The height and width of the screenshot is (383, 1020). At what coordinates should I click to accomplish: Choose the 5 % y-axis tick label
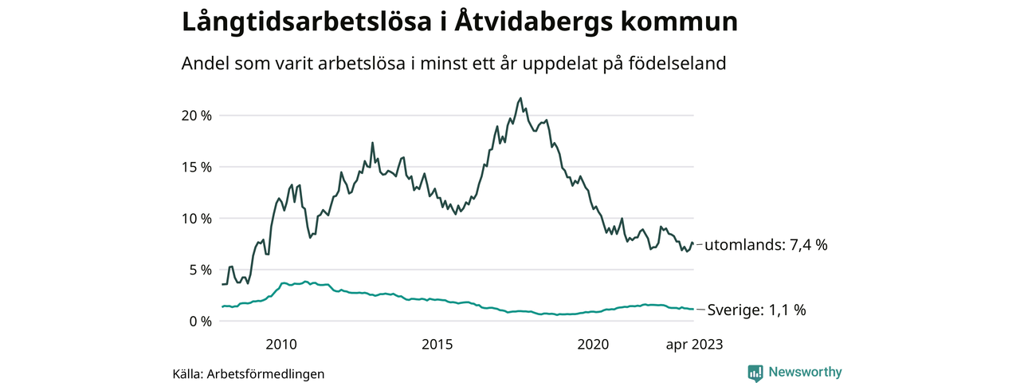(200, 270)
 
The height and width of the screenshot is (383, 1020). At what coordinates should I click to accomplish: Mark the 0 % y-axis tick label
(200, 322)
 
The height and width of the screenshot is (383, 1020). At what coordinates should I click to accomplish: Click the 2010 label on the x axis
(281, 345)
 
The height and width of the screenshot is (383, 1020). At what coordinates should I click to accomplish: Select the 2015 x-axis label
(437, 345)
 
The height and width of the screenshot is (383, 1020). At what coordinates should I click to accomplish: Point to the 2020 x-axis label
(593, 345)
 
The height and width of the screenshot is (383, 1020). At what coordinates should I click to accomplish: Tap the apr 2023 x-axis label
(694, 345)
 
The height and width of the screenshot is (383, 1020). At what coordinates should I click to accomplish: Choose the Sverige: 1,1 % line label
(756, 310)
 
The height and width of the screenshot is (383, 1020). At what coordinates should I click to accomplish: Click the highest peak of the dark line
(521, 99)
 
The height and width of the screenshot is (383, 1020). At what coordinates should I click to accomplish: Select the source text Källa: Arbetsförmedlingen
(249, 373)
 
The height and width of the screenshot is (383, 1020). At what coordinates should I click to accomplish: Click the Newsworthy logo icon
(755, 373)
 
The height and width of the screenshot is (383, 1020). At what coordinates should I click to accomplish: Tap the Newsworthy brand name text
(805, 372)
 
